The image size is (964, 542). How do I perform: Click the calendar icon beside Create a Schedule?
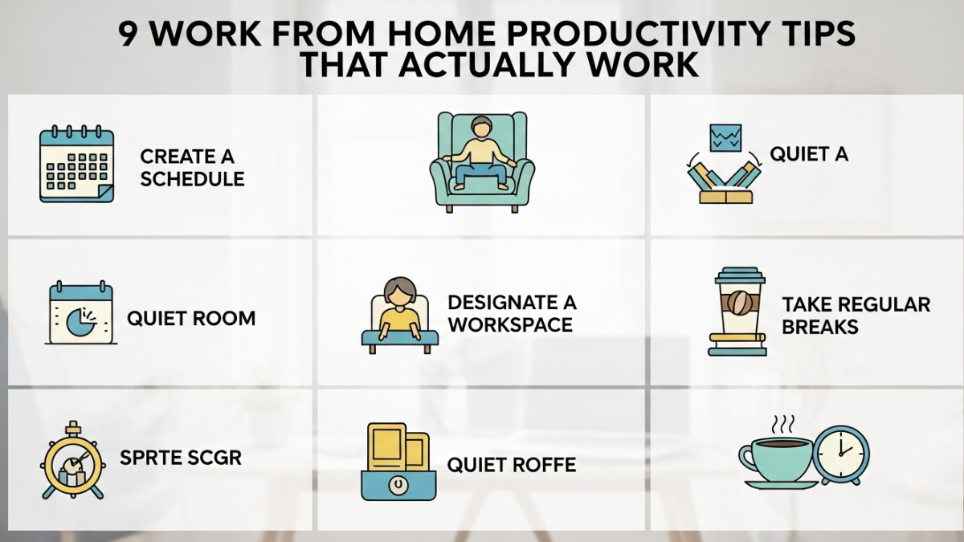coord(76,164)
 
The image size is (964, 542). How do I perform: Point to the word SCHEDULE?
coord(192,178)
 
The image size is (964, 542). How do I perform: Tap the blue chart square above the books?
coord(726,137)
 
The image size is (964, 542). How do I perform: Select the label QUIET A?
coord(809,154)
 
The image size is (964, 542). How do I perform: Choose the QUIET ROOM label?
coord(191,319)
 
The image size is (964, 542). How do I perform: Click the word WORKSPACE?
coord(510,325)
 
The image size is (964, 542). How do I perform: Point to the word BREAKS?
coord(820,327)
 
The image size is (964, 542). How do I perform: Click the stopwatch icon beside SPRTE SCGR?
coord(72,461)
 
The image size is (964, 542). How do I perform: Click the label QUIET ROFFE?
coord(512,464)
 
